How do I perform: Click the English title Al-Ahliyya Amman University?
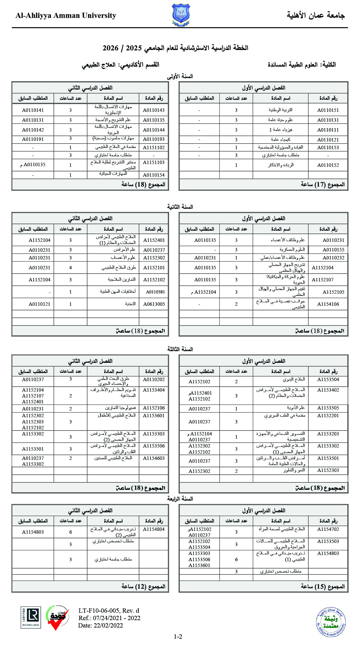tap(66, 15)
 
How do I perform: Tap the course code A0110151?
tap(328, 110)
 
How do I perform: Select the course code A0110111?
tap(328, 130)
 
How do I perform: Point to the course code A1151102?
tap(154, 147)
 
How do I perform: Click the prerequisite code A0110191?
tap(33, 139)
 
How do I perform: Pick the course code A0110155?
tap(333, 250)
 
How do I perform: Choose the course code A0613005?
tap(154, 304)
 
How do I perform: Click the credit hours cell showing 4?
tap(70, 268)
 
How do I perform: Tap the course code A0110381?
tap(155, 292)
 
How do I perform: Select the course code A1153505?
tap(328, 408)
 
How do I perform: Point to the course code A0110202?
tap(154, 380)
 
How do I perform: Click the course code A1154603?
tap(154, 458)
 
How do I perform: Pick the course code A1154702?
tap(328, 529)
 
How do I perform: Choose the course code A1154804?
tap(154, 529)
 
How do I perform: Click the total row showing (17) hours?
tap(323, 185)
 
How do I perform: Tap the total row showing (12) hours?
tap(143, 586)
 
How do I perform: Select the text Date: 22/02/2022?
tap(100, 625)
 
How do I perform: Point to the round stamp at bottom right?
tap(331, 621)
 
